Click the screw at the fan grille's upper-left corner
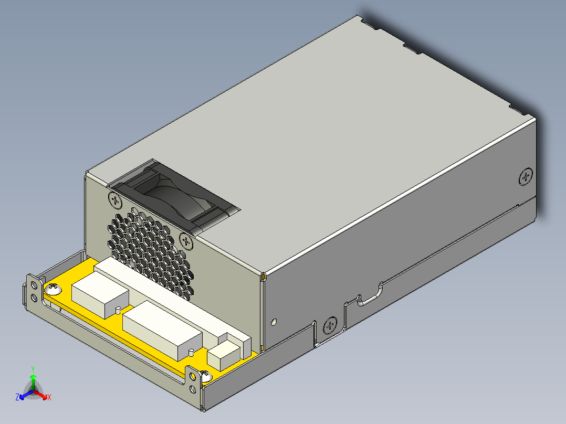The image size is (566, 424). (115, 199)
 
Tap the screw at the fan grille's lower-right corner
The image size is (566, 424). (186, 241)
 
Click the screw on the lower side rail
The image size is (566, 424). (330, 325)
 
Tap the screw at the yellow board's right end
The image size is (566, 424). (205, 375)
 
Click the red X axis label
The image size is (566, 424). (49, 397)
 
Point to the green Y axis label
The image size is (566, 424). (33, 369)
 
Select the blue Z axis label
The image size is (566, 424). (17, 397)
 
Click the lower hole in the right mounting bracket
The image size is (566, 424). (194, 388)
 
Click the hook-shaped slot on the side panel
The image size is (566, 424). (370, 296)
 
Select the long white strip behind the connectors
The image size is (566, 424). (173, 296)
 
